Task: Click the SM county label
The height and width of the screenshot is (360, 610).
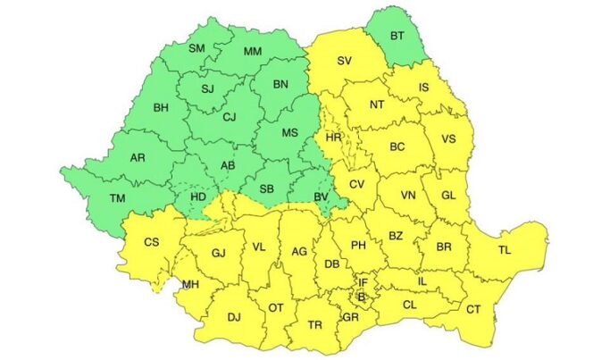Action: (x=197, y=48)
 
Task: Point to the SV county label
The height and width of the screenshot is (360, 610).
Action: (x=345, y=62)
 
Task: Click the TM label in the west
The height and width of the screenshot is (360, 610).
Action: (x=116, y=197)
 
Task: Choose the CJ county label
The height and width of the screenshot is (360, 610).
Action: (x=230, y=115)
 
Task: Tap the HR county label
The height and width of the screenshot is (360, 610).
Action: (x=333, y=138)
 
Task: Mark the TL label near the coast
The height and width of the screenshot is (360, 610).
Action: (x=506, y=250)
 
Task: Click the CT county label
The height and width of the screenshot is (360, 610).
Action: (x=472, y=308)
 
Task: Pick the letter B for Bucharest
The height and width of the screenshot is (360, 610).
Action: (x=362, y=296)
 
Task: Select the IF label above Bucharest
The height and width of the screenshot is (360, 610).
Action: (x=363, y=282)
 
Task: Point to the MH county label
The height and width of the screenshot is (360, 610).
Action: (x=190, y=285)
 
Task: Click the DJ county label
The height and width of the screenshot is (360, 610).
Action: (x=234, y=316)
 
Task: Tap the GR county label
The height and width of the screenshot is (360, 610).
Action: (x=349, y=316)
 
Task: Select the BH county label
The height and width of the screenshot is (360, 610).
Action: (x=161, y=108)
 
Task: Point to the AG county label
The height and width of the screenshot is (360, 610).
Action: (x=300, y=252)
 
